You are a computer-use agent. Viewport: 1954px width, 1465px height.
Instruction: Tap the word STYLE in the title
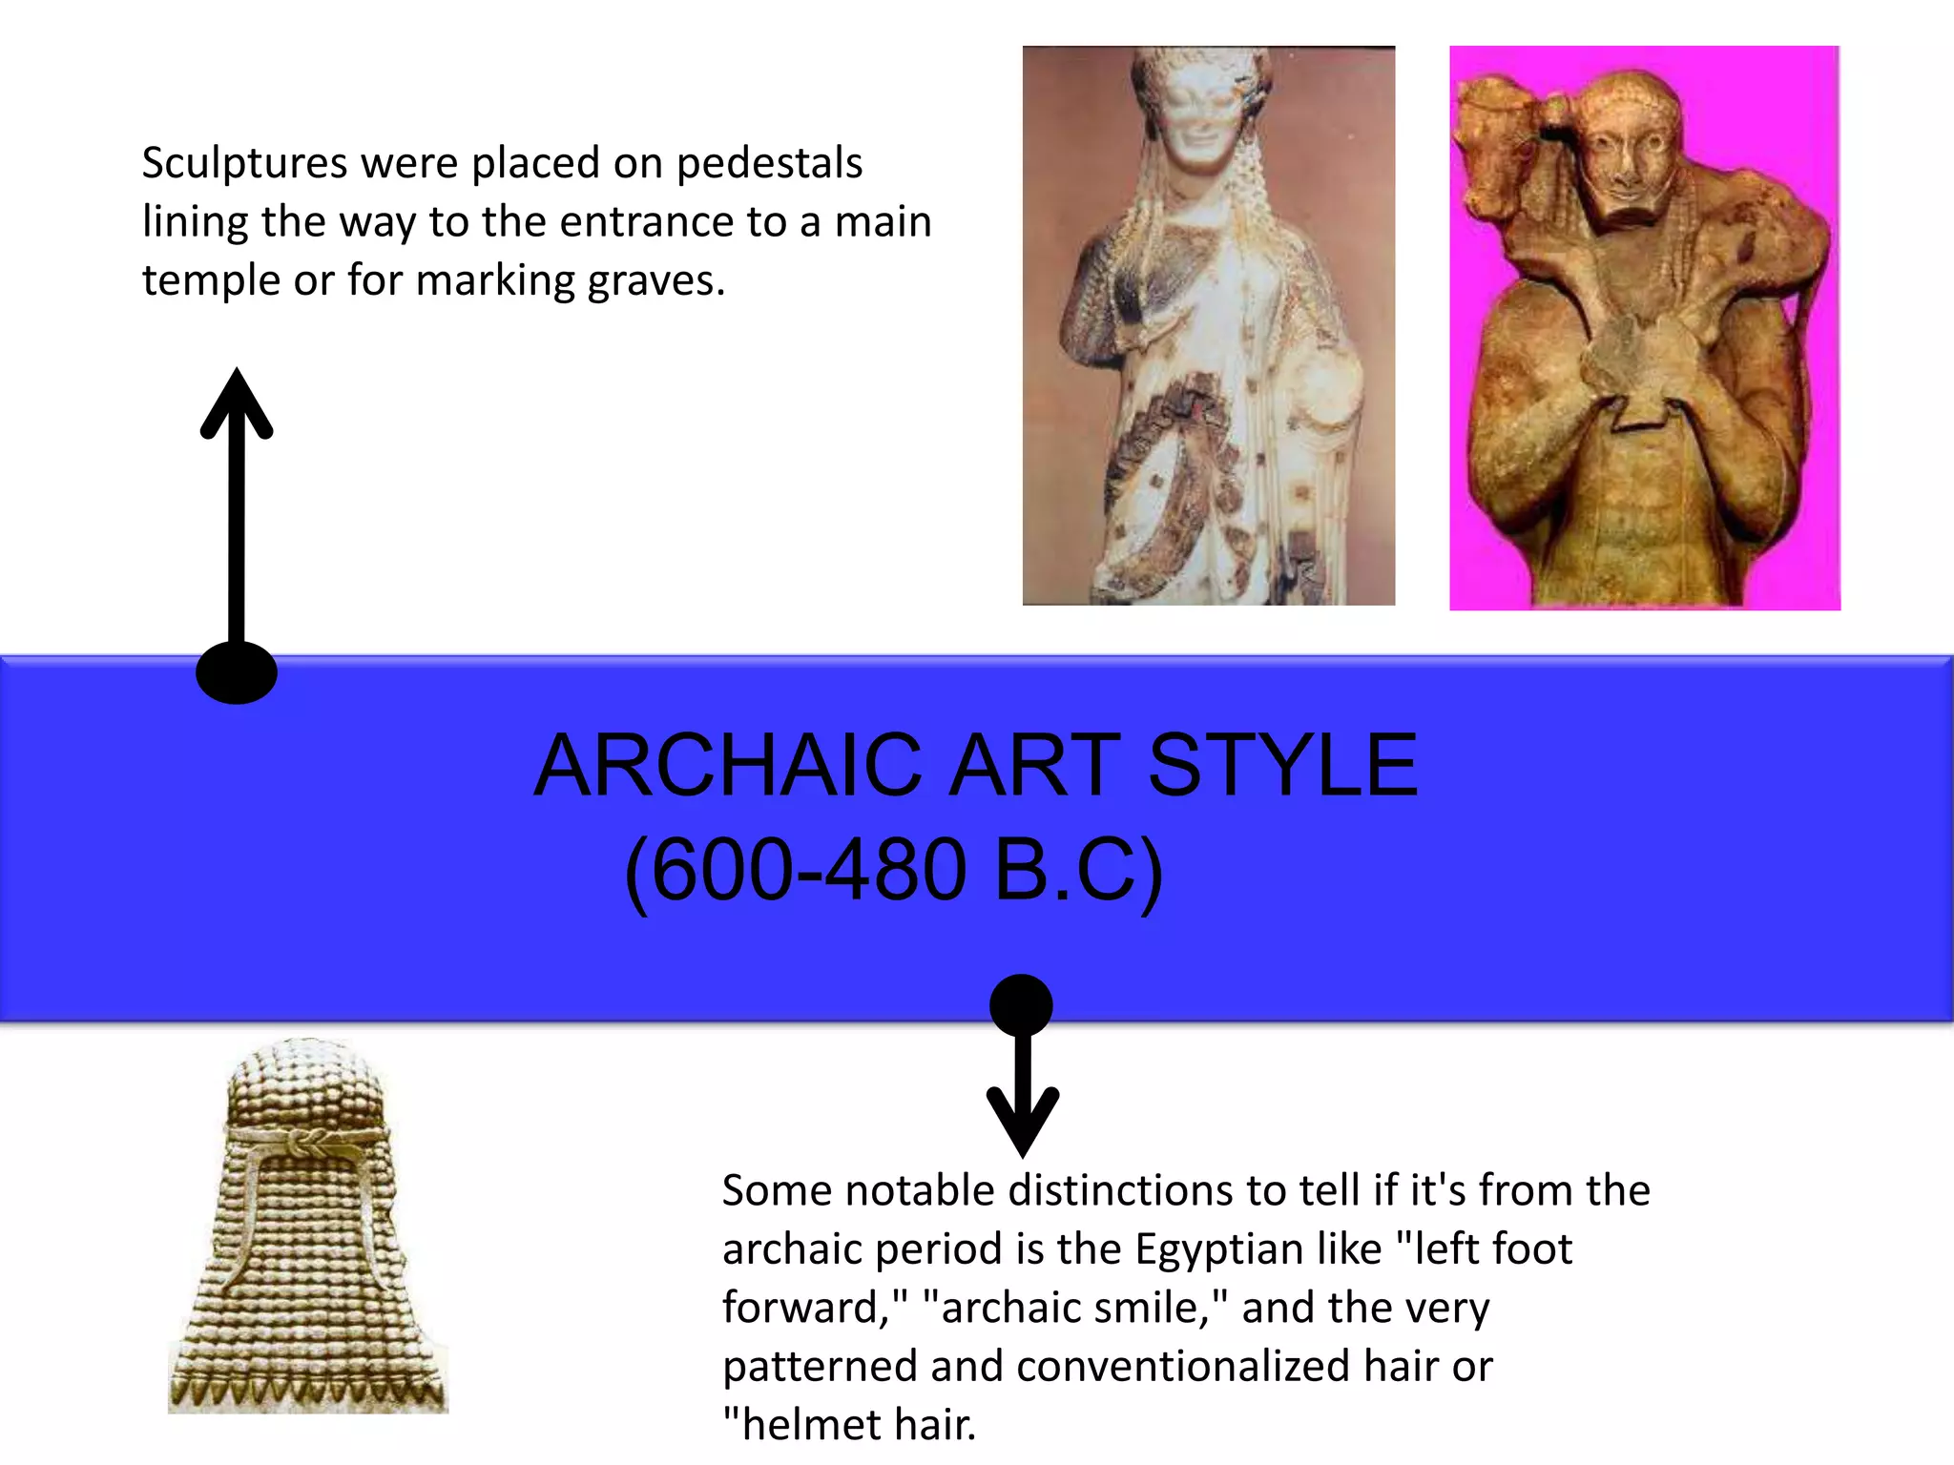click(1282, 765)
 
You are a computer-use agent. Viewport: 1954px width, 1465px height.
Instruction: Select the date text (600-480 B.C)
click(893, 870)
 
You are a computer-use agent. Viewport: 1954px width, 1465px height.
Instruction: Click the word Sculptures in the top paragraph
click(244, 163)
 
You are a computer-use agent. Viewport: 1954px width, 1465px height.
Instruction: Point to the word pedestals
click(769, 164)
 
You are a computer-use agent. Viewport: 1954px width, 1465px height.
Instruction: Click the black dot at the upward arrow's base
click(237, 672)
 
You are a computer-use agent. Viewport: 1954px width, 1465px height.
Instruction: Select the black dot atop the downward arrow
click(1021, 1004)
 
